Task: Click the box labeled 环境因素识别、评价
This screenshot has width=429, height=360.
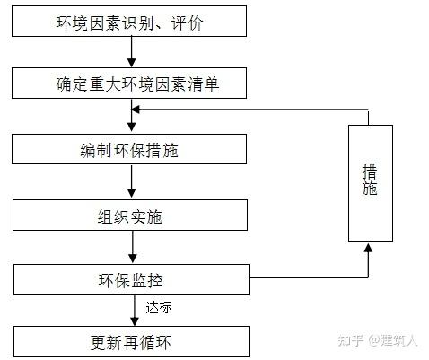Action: click(131, 22)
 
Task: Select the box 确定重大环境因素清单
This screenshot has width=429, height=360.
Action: click(131, 84)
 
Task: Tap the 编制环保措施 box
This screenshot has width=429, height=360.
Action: click(131, 150)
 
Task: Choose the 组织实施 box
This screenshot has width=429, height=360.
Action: click(131, 215)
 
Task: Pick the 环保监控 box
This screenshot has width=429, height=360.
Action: click(131, 278)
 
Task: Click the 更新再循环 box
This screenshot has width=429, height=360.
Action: click(131, 341)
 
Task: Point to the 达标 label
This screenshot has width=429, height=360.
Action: click(159, 308)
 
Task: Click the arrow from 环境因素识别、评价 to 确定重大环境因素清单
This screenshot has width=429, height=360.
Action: click(132, 53)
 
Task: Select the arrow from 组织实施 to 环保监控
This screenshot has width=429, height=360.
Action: click(132, 247)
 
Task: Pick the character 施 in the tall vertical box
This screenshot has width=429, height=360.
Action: click(370, 190)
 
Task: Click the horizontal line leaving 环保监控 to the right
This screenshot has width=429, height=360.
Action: click(305, 278)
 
